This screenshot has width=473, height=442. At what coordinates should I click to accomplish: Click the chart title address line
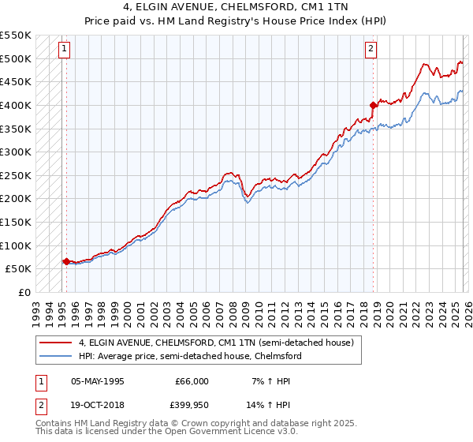coord(236,7)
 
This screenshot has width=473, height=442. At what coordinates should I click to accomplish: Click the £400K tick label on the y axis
coord(16,105)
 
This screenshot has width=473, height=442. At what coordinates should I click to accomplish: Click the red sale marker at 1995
coord(65,261)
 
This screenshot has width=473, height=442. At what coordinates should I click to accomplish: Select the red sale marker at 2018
coord(373,104)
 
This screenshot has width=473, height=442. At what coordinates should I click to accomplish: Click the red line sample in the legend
coord(57,343)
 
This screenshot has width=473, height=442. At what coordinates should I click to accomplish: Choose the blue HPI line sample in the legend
coord(57,356)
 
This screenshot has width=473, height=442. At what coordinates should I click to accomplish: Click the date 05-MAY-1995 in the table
coord(98,380)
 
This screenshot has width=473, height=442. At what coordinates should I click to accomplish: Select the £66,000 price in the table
coord(190,380)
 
